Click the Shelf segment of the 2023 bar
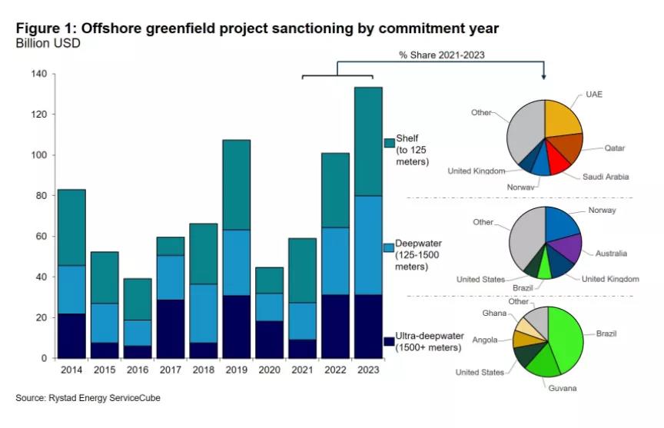(368, 141)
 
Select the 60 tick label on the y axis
(41, 237)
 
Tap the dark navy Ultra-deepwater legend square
(389, 341)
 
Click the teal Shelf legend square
(389, 142)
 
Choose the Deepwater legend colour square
(389, 247)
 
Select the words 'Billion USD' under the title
(48, 43)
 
